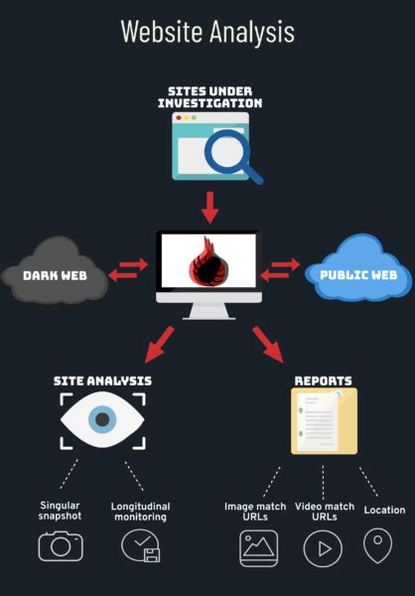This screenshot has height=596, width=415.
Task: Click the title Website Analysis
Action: [207, 31]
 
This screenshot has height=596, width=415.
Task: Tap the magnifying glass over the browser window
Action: [230, 152]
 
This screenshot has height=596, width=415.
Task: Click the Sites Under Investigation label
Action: [209, 96]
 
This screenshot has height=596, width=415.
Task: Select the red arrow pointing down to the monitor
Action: [208, 208]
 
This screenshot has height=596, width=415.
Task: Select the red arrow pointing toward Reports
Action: [268, 344]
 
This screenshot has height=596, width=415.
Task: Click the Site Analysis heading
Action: [103, 380]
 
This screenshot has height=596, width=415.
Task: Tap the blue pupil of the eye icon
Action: [102, 420]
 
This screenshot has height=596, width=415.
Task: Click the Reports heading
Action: [323, 380]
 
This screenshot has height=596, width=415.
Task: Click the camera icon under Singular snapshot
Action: [61, 545]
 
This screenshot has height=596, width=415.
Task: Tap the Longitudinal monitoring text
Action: [139, 511]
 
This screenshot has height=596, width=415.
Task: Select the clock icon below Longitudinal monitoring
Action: [139, 545]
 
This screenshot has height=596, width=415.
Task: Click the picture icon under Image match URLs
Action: [258, 547]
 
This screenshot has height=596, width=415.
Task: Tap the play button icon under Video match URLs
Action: [323, 547]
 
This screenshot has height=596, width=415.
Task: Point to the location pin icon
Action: [377, 545]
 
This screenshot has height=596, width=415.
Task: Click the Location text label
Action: [384, 510]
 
